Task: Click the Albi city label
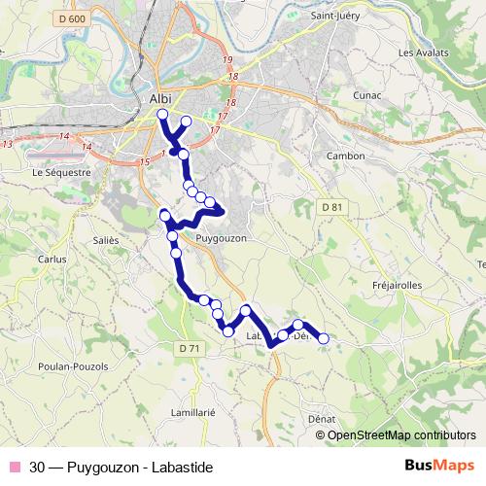(x=161, y=98)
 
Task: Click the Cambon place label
(x=345, y=156)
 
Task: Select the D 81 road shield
(x=332, y=207)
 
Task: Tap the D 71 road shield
(x=189, y=348)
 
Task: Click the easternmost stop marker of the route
(x=324, y=338)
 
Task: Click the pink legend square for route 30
(x=14, y=465)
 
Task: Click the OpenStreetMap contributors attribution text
(x=401, y=434)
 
